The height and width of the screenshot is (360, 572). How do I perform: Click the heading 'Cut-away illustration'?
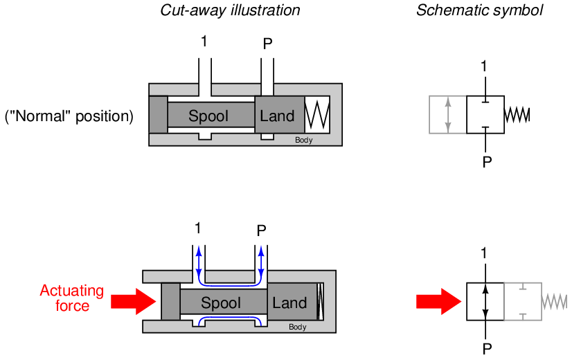[230, 10]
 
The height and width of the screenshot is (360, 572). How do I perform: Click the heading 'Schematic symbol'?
[479, 10]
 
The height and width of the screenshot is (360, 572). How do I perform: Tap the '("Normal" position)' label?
[69, 116]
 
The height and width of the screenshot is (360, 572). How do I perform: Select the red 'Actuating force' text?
[72, 298]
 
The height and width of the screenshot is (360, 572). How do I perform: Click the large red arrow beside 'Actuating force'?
[134, 301]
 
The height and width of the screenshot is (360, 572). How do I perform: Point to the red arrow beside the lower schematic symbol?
[438, 302]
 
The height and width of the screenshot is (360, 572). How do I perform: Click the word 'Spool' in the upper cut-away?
[208, 116]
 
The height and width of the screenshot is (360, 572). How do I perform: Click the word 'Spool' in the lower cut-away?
[221, 303]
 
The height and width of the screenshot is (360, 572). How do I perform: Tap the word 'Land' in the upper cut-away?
[277, 116]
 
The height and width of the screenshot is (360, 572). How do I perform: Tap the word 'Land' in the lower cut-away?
[289, 303]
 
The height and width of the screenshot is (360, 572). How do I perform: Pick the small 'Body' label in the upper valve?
[303, 140]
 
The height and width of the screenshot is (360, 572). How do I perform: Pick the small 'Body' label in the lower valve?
[297, 327]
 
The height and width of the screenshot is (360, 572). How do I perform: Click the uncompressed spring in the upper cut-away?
[318, 114]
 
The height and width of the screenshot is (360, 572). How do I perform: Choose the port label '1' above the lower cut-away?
[198, 228]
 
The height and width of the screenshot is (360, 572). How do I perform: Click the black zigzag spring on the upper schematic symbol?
[517, 115]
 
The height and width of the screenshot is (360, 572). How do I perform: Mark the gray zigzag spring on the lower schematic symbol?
[554, 302]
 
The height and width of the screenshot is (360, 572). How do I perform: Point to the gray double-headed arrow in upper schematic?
[448, 115]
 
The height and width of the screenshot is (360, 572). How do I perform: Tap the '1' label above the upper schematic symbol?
[484, 66]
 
